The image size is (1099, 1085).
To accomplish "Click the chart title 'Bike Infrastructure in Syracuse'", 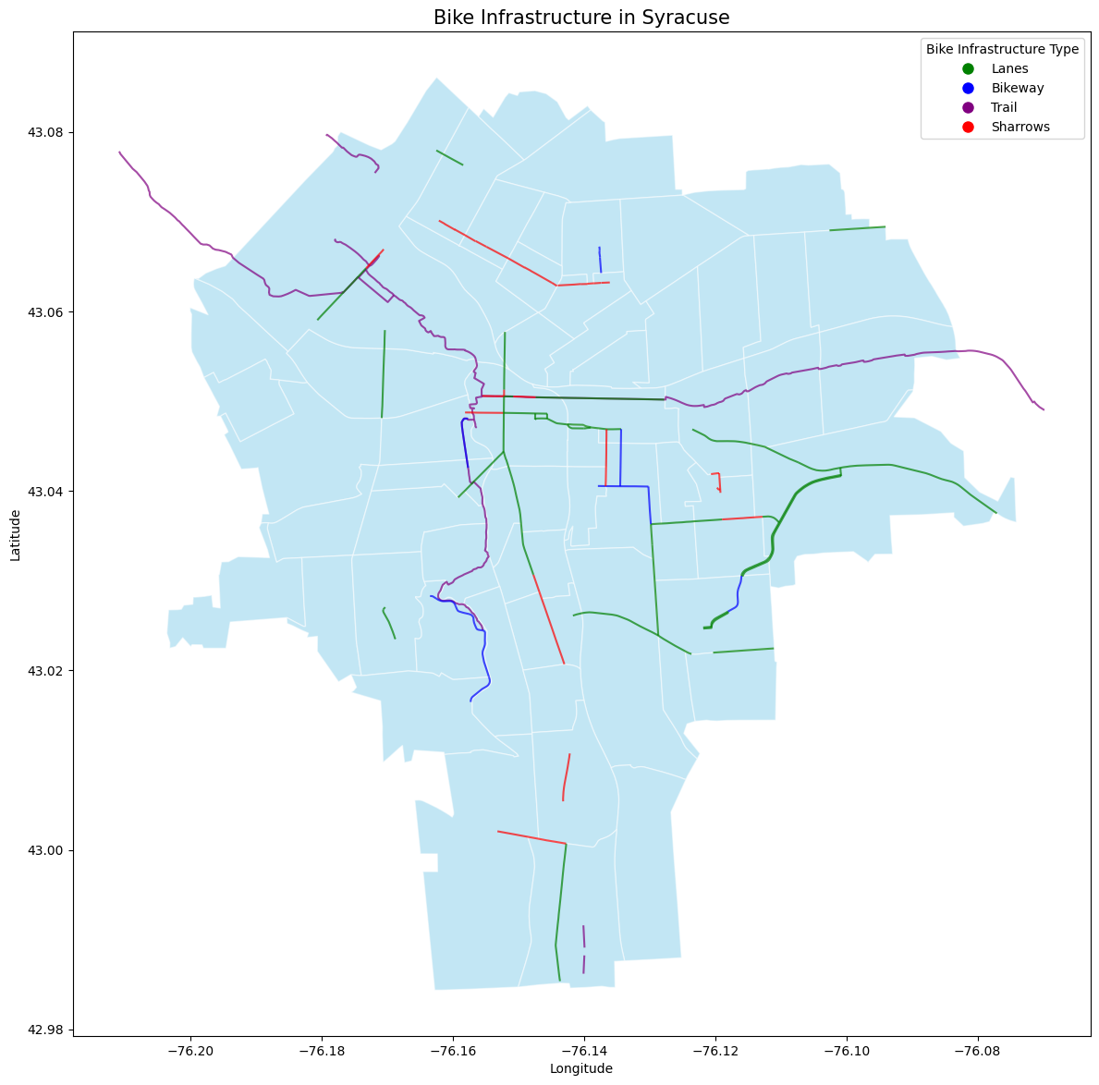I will click(581, 17).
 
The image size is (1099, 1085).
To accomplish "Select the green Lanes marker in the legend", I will click(968, 69).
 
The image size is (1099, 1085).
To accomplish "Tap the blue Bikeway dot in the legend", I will click(968, 89).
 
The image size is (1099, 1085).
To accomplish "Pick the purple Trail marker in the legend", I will click(968, 108).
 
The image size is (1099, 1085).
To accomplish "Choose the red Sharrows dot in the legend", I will click(968, 128).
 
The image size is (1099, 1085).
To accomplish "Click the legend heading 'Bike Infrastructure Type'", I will click(1002, 50).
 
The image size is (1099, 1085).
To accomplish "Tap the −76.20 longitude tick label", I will click(191, 1051).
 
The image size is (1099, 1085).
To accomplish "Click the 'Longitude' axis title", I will click(581, 1069).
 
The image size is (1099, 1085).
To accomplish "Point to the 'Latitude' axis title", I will click(16, 534).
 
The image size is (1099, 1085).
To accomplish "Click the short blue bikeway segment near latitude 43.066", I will click(600, 260).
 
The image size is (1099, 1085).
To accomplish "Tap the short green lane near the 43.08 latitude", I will click(450, 158).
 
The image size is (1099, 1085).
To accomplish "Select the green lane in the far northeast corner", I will click(858, 228).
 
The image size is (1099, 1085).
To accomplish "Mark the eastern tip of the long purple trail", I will click(1043, 409).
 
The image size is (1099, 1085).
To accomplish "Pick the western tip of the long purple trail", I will click(120, 152).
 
